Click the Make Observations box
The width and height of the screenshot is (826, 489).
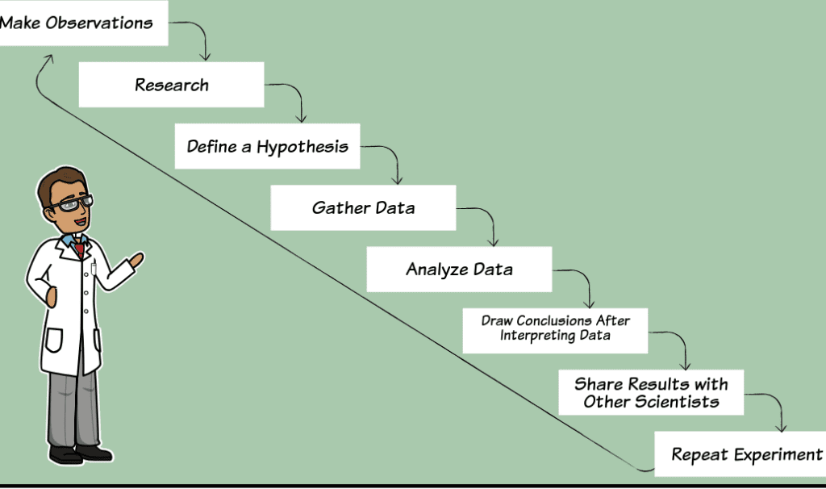(x=81, y=23)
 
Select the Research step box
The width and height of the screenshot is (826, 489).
(x=171, y=85)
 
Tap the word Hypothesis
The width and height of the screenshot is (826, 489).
(x=302, y=146)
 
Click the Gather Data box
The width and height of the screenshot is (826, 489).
(x=363, y=208)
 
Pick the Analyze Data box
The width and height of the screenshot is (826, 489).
(x=459, y=270)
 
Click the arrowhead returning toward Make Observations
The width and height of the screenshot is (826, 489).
(x=48, y=59)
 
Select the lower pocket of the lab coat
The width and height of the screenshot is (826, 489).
(x=54, y=339)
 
